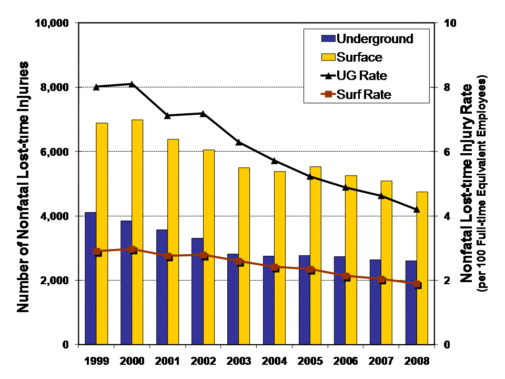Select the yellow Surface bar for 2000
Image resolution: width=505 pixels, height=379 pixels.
tap(137, 232)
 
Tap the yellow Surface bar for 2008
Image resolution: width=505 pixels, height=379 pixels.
tap(421, 268)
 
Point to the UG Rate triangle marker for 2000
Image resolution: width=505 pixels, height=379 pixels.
tap(132, 84)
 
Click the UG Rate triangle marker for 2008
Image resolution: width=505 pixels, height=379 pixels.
tap(416, 210)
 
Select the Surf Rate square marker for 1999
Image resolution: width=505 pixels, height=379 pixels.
tap(97, 252)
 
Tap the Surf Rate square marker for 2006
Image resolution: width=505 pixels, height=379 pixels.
tap(345, 276)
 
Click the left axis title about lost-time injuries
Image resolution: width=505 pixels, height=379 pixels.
tap(23, 187)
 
